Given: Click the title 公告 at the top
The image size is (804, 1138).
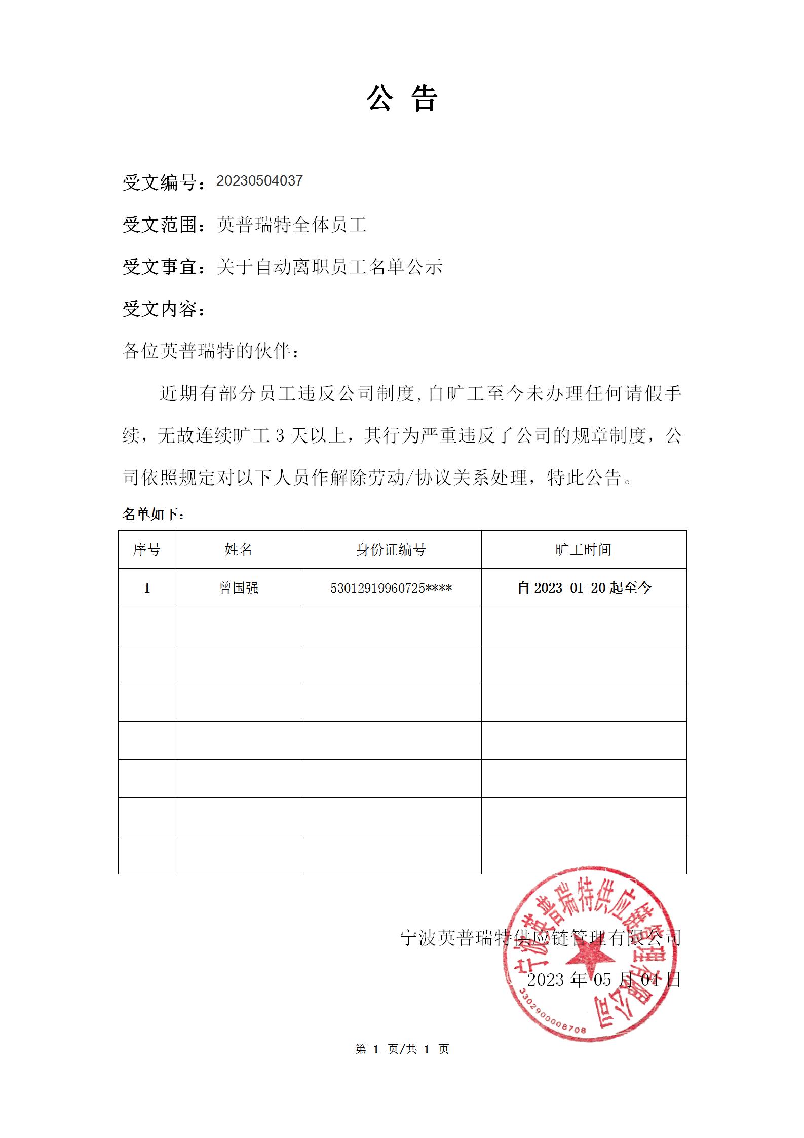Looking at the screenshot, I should click(402, 98).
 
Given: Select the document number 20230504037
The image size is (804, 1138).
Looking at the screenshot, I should click(259, 181).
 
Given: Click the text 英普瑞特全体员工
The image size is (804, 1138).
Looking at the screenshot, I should click(291, 225).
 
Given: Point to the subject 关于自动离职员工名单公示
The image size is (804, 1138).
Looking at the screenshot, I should click(329, 267).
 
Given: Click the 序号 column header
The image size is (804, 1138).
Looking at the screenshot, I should click(147, 549).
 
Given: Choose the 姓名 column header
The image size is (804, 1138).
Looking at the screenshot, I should click(238, 549).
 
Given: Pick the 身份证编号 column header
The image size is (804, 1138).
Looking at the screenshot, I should click(391, 549).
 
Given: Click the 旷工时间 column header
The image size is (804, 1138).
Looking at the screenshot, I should click(583, 549).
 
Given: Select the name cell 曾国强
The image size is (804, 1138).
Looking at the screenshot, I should click(239, 588).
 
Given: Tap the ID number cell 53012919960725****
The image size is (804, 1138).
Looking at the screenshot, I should click(391, 588).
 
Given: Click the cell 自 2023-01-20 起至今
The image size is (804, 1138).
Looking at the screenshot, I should click(584, 588).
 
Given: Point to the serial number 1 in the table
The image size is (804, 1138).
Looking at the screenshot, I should click(147, 588).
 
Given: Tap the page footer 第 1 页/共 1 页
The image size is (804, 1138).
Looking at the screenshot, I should click(402, 1049).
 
